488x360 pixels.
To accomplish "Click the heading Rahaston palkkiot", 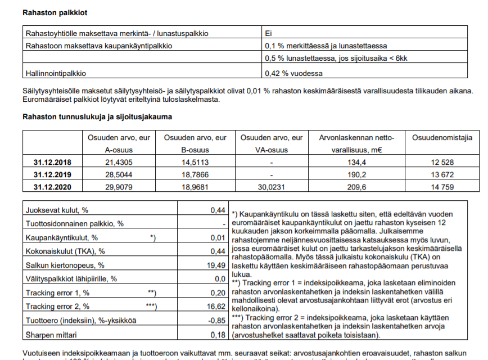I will point(55,12).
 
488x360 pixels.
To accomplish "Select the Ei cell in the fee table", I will point(269,33).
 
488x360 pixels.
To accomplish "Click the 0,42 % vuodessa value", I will point(293,73).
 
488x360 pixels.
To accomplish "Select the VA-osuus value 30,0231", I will point(272,187).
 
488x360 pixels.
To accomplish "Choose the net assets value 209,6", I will point(357,187).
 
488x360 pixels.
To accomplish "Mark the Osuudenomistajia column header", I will point(442,138).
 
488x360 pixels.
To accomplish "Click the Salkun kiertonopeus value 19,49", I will point(216,265).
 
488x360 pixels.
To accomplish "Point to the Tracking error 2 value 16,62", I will point(216,307).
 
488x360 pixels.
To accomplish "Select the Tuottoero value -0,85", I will point(216,321).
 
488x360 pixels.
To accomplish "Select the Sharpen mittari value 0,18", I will point(218,335).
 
